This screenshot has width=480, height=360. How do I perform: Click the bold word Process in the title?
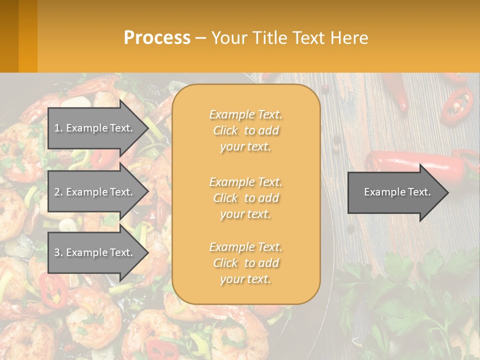[157, 37]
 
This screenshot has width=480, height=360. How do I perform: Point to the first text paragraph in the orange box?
[245, 130]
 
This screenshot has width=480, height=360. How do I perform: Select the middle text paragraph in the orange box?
[245, 198]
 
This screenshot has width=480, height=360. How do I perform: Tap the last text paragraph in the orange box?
[245, 263]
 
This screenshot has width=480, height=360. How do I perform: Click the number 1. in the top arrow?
[58, 128]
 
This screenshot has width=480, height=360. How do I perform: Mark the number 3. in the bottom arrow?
[58, 252]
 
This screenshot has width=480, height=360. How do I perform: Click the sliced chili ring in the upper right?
[456, 106]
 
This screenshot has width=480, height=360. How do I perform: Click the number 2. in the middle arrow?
[58, 192]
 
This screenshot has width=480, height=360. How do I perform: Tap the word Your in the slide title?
[227, 37]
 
